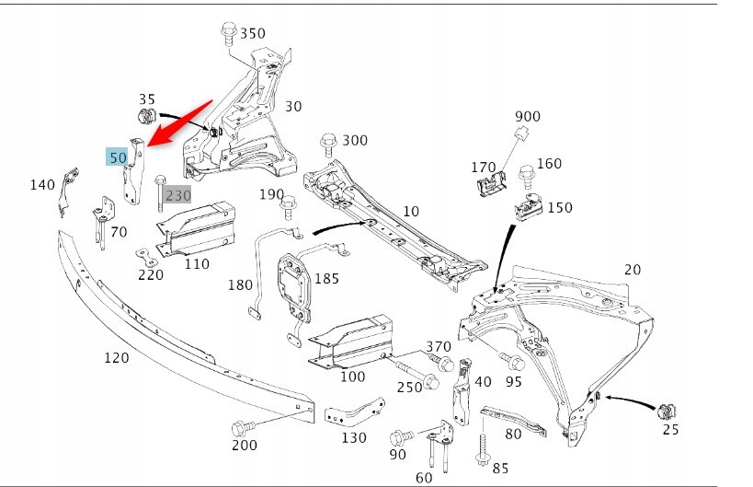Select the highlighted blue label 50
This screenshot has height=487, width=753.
click(117, 157)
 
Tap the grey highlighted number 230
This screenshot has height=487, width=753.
click(178, 195)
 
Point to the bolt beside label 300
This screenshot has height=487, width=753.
click(328, 144)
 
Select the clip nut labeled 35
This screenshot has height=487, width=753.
click(144, 117)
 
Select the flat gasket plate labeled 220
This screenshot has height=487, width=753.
click(148, 254)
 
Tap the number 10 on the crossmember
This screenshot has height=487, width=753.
click(410, 211)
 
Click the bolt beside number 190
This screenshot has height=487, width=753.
click(289, 201)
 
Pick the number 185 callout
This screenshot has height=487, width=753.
click(326, 277)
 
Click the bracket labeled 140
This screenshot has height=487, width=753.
click(67, 189)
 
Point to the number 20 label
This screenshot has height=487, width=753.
click(632, 269)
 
